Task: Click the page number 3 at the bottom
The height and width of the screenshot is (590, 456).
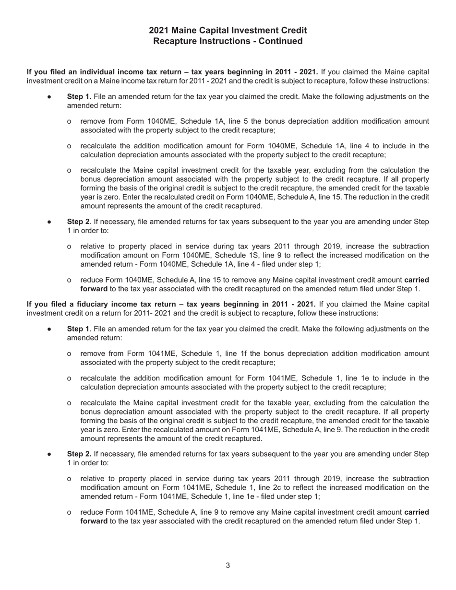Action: pos(228,565)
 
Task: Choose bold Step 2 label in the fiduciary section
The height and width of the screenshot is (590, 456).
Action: pos(79,454)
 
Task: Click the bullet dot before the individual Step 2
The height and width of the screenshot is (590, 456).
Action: pos(49,222)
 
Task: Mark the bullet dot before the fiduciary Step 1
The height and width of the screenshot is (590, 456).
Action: pos(49,329)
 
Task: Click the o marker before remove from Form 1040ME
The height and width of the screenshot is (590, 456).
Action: pos(70,121)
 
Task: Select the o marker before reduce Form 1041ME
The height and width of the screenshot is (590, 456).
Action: pos(70,512)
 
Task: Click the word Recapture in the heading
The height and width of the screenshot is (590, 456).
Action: pos(174,41)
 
